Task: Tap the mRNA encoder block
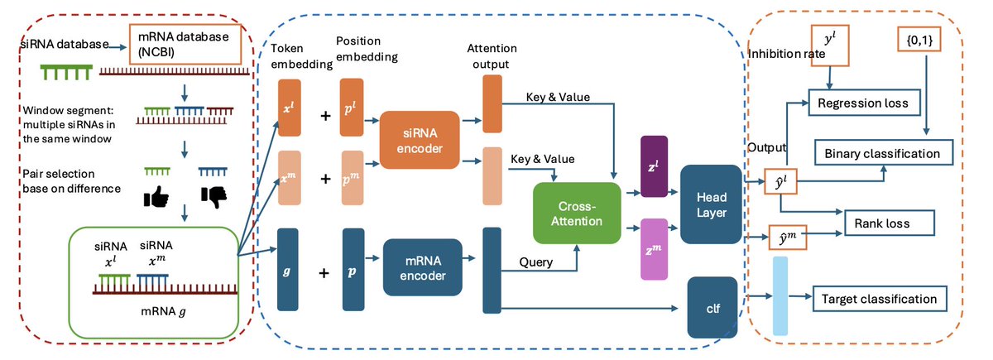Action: click(423, 267)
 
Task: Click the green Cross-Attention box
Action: click(576, 213)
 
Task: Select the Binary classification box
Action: click(883, 153)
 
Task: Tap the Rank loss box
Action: click(888, 223)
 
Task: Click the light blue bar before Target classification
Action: click(780, 296)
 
